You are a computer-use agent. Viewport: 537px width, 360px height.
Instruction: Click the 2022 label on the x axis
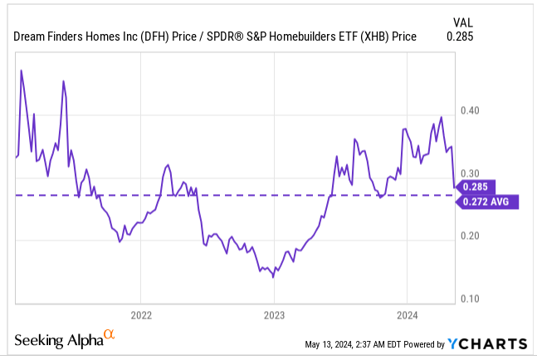click(140, 315)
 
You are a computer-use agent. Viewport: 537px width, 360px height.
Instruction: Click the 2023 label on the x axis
click(274, 315)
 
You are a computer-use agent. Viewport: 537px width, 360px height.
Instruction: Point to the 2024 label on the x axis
click(407, 315)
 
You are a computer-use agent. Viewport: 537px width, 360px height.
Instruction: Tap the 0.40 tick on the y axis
click(470, 111)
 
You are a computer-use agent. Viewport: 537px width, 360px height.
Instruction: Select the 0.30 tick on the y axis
click(470, 175)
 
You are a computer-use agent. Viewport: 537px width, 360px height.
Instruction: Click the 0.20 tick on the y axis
click(470, 236)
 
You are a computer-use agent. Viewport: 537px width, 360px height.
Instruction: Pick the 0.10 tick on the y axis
click(470, 299)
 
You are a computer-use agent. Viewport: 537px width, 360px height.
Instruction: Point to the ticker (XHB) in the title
click(376, 36)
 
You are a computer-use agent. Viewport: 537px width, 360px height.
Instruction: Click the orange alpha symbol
click(109, 336)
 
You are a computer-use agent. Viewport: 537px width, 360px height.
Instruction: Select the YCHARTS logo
click(486, 344)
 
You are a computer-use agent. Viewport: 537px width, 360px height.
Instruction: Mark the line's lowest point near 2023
click(273, 277)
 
